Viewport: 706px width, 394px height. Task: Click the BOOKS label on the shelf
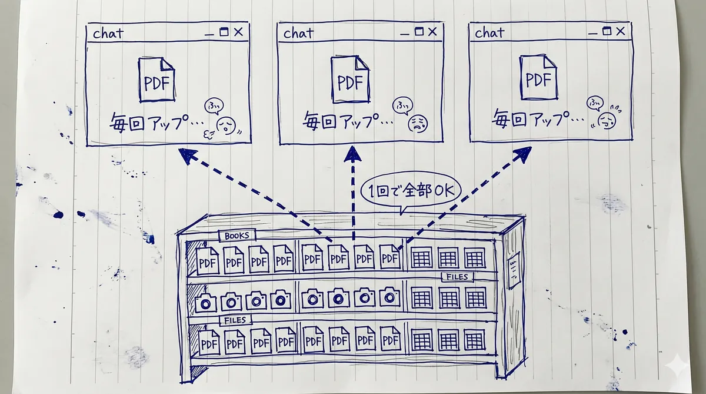[237, 236]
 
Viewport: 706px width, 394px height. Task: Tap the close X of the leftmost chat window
[238, 32]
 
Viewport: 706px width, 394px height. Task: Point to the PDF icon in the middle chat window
[351, 78]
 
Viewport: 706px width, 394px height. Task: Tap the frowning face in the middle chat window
[418, 123]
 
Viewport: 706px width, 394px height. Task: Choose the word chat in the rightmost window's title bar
[490, 34]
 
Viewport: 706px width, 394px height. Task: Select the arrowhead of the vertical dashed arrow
[353, 154]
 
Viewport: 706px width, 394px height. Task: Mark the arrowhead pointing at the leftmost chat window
[188, 155]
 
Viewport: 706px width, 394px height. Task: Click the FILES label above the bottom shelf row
[235, 320]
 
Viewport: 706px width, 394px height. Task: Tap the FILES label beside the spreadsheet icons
[457, 277]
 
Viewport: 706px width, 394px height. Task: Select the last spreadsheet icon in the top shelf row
[474, 257]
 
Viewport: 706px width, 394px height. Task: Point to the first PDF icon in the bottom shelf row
[208, 342]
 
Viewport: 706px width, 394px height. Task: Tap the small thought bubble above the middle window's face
[402, 105]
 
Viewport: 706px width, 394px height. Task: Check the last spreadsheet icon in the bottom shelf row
[474, 340]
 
